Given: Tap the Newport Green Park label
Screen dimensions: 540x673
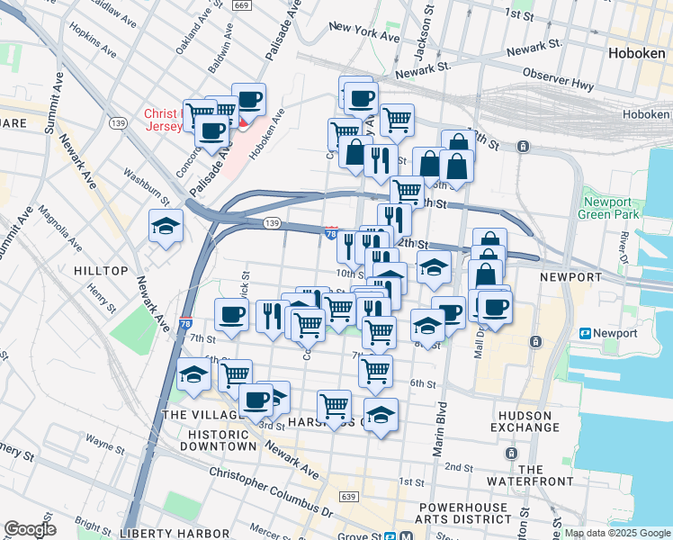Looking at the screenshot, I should [x=611, y=208].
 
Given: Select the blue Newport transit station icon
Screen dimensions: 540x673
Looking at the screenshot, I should [x=586, y=333].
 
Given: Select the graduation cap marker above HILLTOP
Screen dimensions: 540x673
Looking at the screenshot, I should [x=166, y=227].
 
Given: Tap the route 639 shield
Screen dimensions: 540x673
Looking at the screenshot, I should [x=348, y=496].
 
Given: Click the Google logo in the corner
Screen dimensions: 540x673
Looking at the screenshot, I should [x=30, y=529].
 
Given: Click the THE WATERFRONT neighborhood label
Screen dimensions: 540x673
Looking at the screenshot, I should [x=543, y=476].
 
